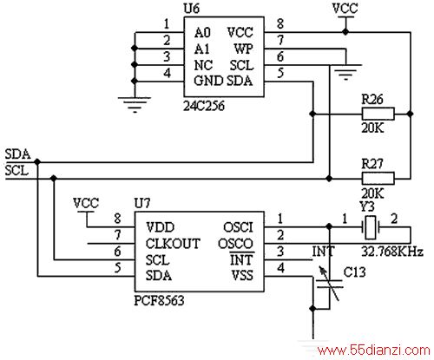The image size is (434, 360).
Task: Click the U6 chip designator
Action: tap(192, 9)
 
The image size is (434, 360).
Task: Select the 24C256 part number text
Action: tap(204, 106)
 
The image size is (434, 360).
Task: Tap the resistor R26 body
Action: tap(378, 114)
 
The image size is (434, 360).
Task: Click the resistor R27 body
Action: tap(378, 178)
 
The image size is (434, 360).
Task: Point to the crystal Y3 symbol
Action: tap(371, 227)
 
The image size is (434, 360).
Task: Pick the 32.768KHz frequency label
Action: tap(392, 252)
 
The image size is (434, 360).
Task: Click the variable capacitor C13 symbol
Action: tap(329, 284)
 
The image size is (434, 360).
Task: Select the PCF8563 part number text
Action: tap(159, 300)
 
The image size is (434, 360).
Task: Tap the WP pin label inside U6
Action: tap(244, 49)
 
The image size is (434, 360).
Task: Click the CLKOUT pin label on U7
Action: tap(173, 244)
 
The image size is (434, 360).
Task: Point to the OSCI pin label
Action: tap(238, 227)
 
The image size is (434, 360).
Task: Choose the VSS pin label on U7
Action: tap(242, 275)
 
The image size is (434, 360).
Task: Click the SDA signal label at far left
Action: tap(17, 154)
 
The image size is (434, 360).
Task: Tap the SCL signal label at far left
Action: tap(17, 170)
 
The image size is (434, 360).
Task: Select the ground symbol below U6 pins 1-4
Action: tap(135, 105)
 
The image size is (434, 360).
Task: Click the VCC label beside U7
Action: tap(86, 203)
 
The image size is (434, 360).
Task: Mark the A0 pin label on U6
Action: tap(202, 32)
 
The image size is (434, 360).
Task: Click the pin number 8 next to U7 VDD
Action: tap(117, 219)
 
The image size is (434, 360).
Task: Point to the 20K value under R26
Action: tap(372, 128)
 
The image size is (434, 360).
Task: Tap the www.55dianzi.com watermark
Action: tap(373, 350)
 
